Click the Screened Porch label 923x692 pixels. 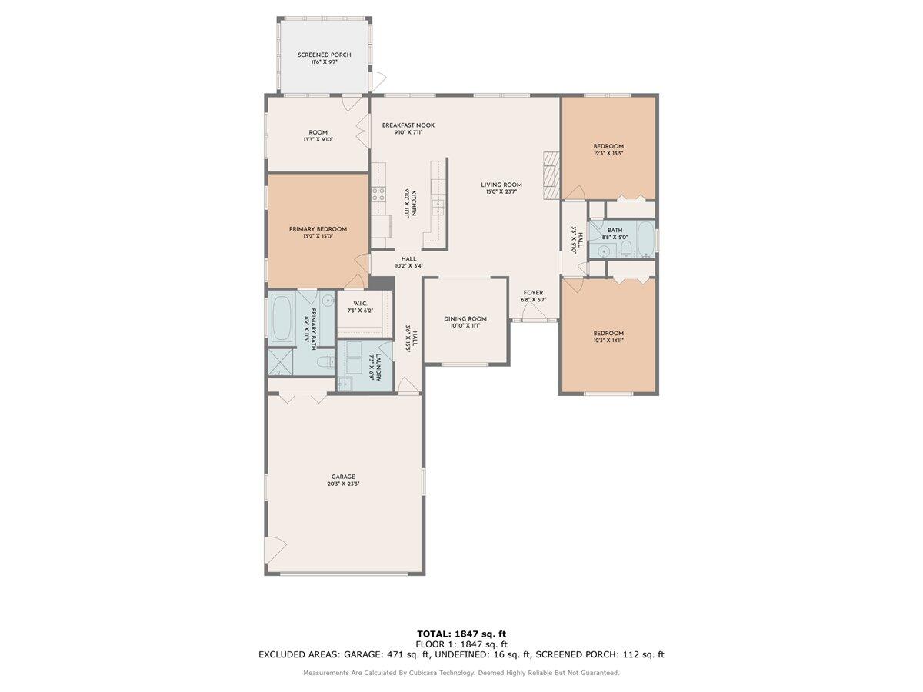(325, 55)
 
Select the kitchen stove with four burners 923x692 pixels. (378, 195)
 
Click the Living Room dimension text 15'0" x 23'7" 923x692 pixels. (501, 192)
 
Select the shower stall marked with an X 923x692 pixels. (280, 361)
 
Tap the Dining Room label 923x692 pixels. (465, 318)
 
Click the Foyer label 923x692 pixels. (533, 293)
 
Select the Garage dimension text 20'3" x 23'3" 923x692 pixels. (343, 484)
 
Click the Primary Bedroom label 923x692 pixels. (318, 229)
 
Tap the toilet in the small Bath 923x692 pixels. (626, 248)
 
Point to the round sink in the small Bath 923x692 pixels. (605, 251)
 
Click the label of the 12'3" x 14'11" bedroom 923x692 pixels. (608, 333)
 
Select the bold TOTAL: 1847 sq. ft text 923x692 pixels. (461, 634)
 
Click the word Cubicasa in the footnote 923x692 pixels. (429, 673)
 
